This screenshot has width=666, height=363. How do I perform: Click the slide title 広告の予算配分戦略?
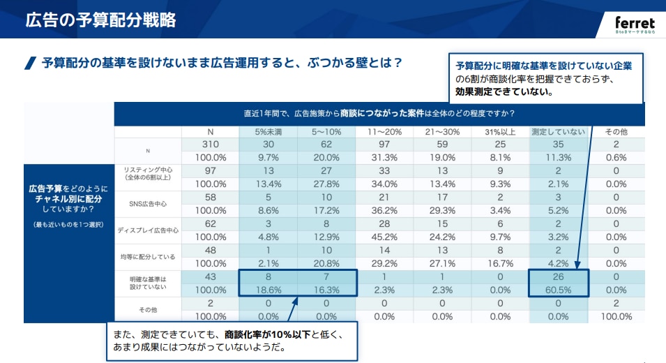(100, 20)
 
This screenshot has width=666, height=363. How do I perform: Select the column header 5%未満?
(268, 132)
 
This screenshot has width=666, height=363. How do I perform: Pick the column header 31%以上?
(500, 132)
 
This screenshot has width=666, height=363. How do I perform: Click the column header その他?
(616, 132)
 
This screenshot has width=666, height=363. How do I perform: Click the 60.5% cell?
(559, 289)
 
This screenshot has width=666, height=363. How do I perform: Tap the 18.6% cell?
(268, 289)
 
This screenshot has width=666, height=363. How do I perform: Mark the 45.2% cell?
(384, 237)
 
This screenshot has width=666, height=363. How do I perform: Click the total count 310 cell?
(211, 145)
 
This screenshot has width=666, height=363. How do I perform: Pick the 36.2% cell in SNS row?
(384, 209)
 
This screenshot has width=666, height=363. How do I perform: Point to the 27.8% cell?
(326, 184)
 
